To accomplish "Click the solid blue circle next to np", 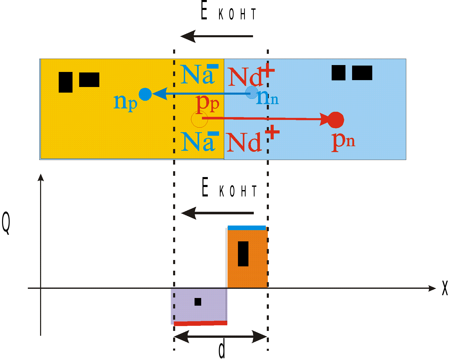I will (x=145, y=94).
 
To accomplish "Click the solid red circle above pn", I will (x=336, y=120).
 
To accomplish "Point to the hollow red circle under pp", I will (x=199, y=119).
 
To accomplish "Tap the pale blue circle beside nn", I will (x=252, y=92).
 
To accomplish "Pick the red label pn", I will (x=343, y=142).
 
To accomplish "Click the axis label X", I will (x=445, y=288).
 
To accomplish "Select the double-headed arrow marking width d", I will (x=221, y=337).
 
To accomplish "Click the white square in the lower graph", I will (x=205, y=236).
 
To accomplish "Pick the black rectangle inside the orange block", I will (x=243, y=254).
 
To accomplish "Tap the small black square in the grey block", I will (x=198, y=302).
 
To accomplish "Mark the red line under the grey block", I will (x=200, y=323).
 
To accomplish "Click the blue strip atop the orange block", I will (x=247, y=228).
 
